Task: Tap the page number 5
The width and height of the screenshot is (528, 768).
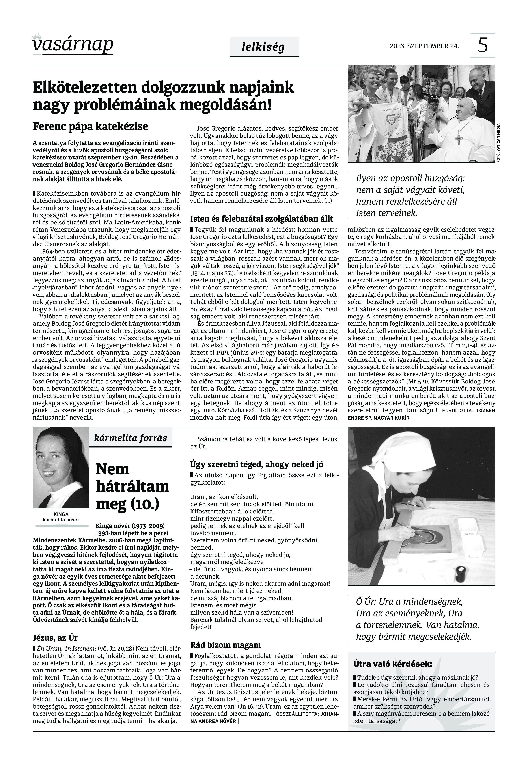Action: (483, 45)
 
